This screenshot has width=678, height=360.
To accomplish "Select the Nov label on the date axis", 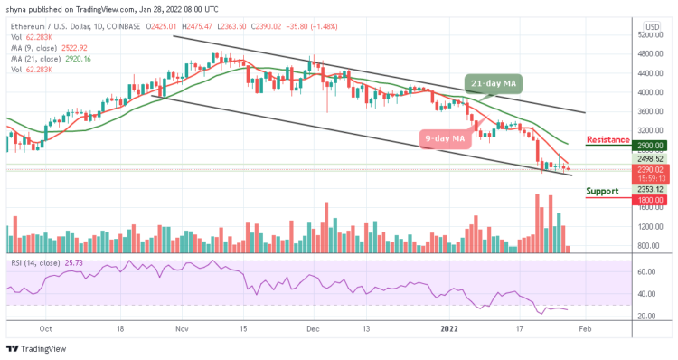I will (x=182, y=331).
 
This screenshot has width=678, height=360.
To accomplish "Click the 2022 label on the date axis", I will (x=449, y=331).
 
